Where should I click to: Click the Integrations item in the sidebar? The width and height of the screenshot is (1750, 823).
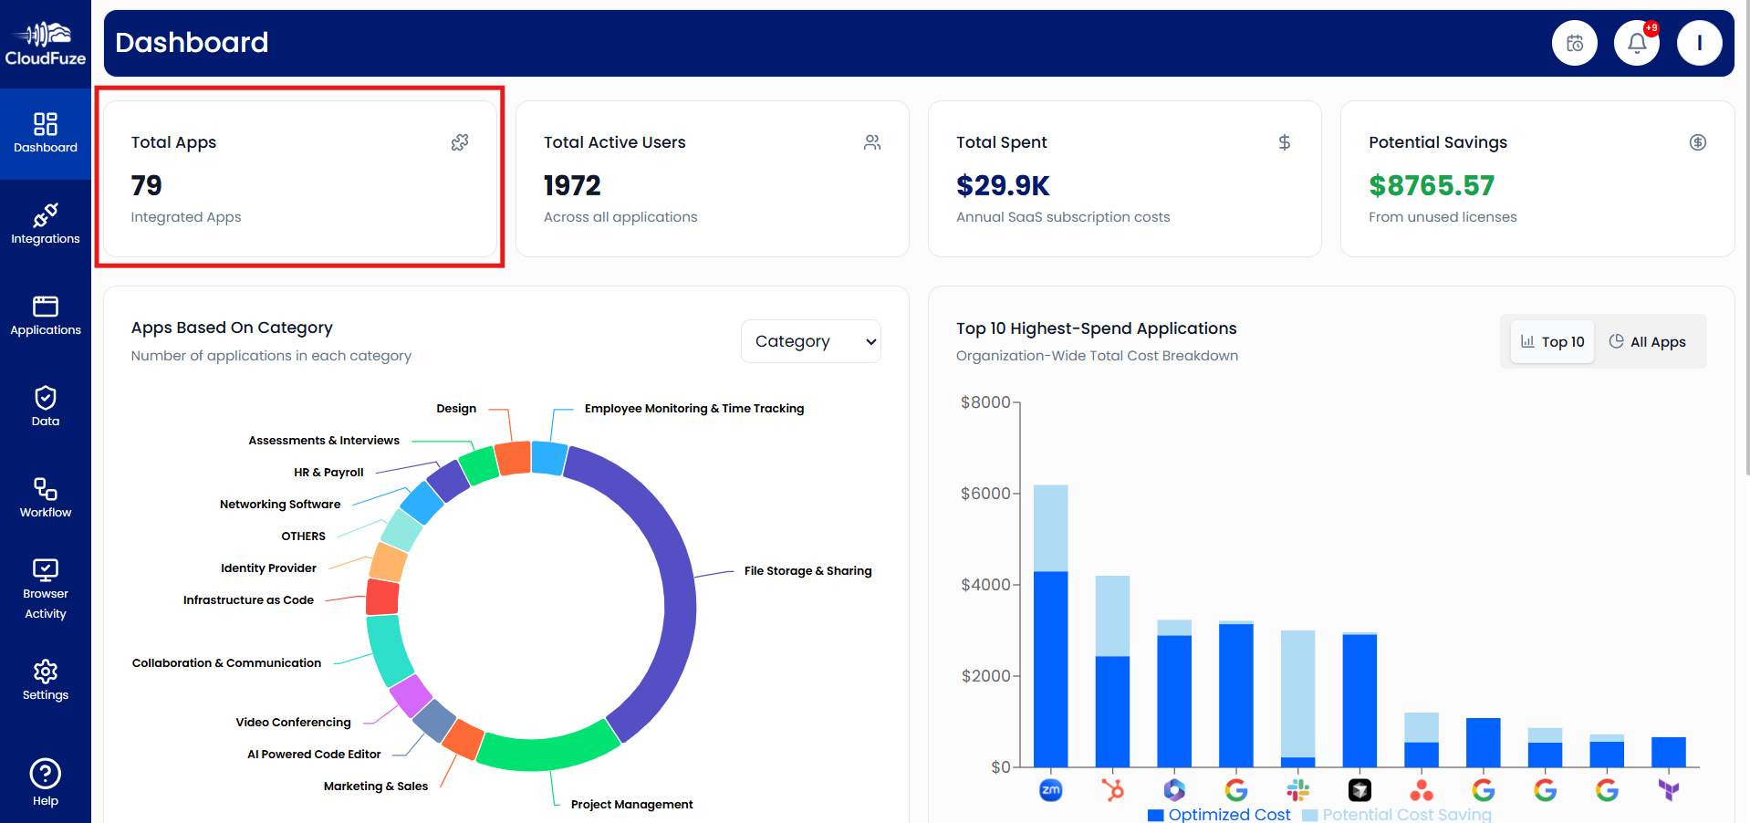(45, 224)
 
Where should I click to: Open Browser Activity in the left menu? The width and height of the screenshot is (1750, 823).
(45, 589)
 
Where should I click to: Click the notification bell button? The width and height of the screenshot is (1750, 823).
(1637, 43)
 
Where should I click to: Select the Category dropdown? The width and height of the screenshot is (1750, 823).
(810, 341)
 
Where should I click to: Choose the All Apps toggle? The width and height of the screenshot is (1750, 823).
(1647, 341)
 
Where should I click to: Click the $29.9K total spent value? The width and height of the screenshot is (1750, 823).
(1003, 186)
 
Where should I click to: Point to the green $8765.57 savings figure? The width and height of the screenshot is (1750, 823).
(1431, 186)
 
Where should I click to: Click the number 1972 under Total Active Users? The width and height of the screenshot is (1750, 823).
(572, 186)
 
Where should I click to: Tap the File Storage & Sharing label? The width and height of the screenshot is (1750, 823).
(807, 571)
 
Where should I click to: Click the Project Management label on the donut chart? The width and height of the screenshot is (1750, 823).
(631, 805)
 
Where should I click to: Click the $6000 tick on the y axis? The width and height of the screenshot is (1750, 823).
(984, 494)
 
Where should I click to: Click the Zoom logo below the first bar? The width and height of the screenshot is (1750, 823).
(1050, 790)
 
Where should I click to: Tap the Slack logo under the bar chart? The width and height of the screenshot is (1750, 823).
(1297, 790)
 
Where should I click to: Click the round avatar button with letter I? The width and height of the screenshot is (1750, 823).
(1699, 43)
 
